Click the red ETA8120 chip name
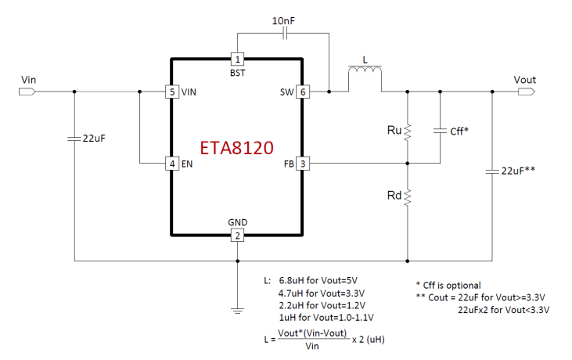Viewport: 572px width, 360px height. click(x=236, y=148)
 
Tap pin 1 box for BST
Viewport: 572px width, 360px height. click(x=237, y=59)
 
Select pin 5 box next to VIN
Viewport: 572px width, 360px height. click(x=172, y=92)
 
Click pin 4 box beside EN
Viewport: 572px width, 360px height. click(x=172, y=164)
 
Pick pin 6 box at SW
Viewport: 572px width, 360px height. click(x=303, y=92)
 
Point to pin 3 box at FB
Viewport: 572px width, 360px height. click(x=303, y=164)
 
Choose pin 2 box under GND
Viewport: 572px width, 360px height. click(x=237, y=236)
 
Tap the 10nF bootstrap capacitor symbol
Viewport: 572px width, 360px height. click(x=286, y=34)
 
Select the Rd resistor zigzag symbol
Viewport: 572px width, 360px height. click(x=408, y=197)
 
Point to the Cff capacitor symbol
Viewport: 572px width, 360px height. click(x=440, y=130)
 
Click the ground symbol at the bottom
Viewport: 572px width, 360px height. click(x=237, y=311)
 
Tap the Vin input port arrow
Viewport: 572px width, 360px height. click(x=27, y=92)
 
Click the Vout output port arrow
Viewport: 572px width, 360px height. click(x=527, y=92)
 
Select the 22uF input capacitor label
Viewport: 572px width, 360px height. click(x=94, y=139)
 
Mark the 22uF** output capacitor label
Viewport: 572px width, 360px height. click(x=518, y=171)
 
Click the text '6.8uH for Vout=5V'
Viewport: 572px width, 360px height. click(x=318, y=280)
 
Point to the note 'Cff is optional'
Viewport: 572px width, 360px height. click(x=451, y=285)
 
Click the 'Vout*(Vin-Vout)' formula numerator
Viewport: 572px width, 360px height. click(x=312, y=333)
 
